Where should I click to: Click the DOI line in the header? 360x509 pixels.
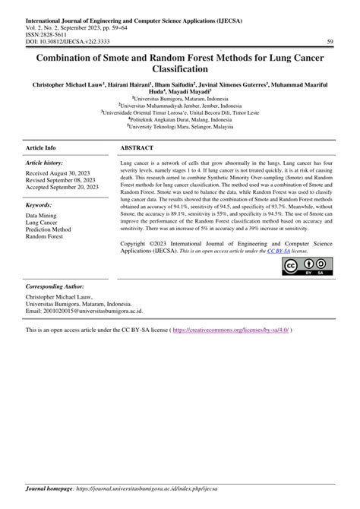tap(74, 42)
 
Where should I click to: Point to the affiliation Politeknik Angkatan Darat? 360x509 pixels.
tap(180, 119)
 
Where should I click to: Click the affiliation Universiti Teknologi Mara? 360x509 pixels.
tap(180, 128)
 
